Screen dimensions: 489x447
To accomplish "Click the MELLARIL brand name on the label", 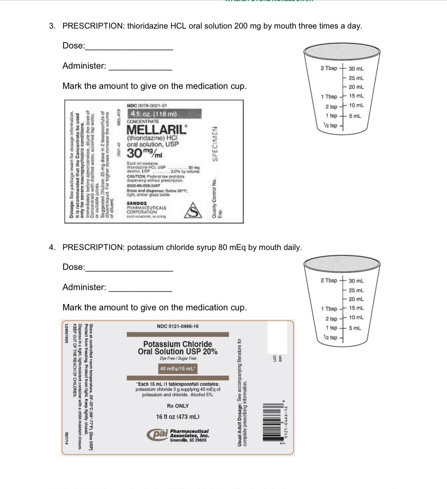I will tap(157, 130).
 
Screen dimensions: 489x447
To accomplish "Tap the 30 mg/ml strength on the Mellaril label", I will tap(144, 153).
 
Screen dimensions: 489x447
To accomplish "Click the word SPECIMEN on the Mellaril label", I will tap(215, 143).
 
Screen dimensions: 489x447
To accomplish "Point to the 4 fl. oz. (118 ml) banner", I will tap(154, 114).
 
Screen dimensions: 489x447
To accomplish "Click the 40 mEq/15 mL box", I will tap(178, 369).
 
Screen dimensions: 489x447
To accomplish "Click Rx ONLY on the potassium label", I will tap(178, 406).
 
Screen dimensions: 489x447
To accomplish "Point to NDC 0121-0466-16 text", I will tap(178, 326).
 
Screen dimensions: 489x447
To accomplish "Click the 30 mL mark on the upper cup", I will tap(356, 69).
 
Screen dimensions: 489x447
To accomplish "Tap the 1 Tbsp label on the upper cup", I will tap(329, 97).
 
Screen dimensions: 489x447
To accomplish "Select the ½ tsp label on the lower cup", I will tap(330, 337).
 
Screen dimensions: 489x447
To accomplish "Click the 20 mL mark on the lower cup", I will tap(356, 299).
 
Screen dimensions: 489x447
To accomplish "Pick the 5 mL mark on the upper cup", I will tap(355, 116).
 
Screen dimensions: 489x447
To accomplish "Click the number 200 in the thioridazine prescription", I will tap(241, 26).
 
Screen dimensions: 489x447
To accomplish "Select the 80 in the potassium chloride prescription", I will tap(222, 247).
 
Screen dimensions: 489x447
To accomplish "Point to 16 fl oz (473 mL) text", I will tap(178, 417).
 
